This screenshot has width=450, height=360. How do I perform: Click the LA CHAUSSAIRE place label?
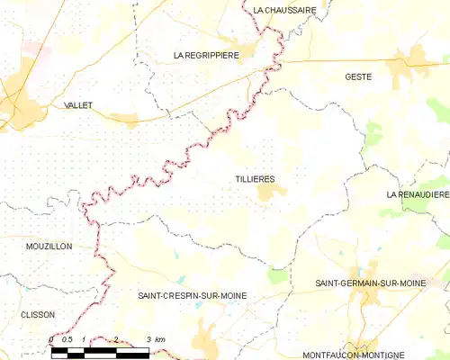point(284,10)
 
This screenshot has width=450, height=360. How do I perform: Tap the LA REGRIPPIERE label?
point(205,55)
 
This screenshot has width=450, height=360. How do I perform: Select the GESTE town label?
point(358,77)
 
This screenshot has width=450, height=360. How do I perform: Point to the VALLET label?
point(80,105)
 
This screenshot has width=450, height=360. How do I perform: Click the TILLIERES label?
point(255,180)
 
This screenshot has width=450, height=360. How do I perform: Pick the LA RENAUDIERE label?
point(417,194)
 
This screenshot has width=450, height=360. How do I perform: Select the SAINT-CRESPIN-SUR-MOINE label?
point(192,295)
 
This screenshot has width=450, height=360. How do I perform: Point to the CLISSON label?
point(38,315)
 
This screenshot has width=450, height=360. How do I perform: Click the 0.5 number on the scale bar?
point(67,339)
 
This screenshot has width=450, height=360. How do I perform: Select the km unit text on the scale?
point(160,339)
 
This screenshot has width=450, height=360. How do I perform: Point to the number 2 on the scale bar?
point(115,339)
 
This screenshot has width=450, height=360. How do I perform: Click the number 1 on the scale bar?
point(83,339)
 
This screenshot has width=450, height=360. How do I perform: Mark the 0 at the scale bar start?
point(51,339)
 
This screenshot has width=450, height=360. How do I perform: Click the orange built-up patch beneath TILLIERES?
point(266,192)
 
